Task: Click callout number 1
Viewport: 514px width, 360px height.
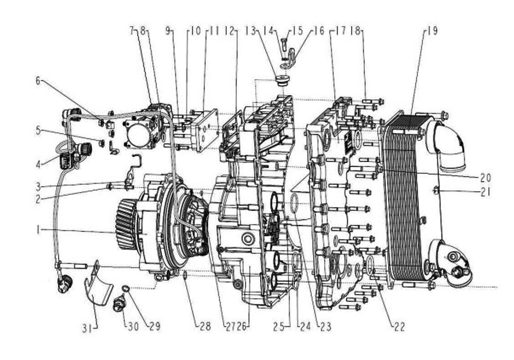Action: point(39,230)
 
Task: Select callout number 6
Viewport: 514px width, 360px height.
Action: point(38,81)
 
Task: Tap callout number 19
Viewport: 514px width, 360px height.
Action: point(433,31)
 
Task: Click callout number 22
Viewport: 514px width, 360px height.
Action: point(399,327)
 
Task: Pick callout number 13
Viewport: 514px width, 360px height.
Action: point(250,31)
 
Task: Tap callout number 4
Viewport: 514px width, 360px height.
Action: point(38,164)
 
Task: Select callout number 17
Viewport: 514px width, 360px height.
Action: point(341,31)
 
